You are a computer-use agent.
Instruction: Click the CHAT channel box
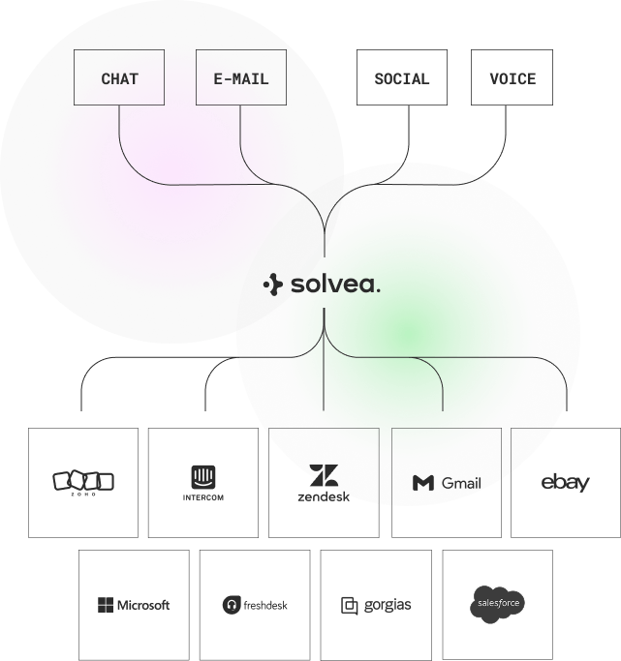[x=119, y=77]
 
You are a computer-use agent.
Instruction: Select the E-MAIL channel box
[x=241, y=77]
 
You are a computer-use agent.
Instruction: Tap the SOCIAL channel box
[x=401, y=77]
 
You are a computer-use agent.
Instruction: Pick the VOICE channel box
[x=512, y=77]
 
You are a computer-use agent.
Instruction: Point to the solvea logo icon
[x=272, y=285]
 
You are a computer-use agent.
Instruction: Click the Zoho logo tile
[x=83, y=482]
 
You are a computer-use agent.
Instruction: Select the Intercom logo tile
[x=203, y=482]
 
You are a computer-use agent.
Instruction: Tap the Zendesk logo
[x=323, y=482]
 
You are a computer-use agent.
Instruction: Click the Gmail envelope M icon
[x=422, y=483]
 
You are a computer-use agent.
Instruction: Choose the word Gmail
[x=461, y=483]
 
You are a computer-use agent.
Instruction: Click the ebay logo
[x=566, y=482]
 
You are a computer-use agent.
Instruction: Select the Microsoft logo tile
[x=134, y=605]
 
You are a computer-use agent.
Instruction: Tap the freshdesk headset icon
[x=232, y=605]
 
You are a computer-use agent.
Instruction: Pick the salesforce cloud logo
[x=498, y=604]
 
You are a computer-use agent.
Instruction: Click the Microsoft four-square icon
[x=105, y=605]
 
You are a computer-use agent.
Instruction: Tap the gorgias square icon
[x=350, y=606]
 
